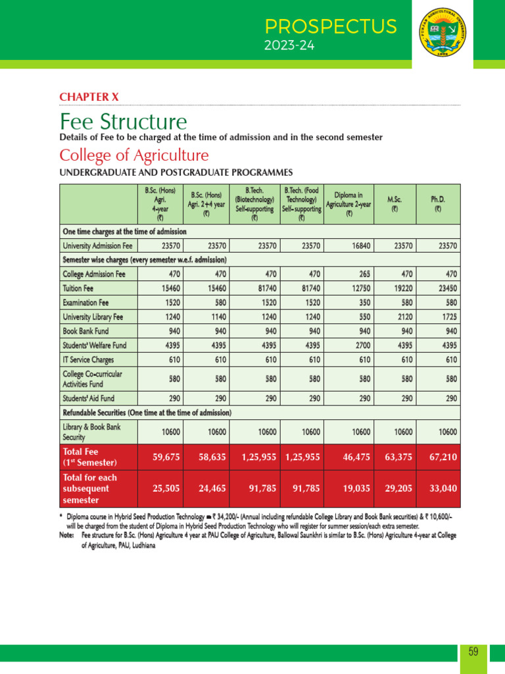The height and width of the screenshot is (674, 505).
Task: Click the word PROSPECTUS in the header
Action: pos(331,27)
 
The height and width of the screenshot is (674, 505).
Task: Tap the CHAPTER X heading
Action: pos(89,97)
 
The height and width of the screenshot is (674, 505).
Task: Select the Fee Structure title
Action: pos(123,122)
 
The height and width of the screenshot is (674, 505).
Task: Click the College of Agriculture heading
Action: pos(134,156)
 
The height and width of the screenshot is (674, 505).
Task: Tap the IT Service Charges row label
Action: pos(88,360)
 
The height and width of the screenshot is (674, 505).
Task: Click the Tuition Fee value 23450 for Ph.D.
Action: pos(446,288)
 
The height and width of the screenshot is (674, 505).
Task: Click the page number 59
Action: pos(473,652)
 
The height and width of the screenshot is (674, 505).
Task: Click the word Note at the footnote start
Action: pos(66,536)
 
